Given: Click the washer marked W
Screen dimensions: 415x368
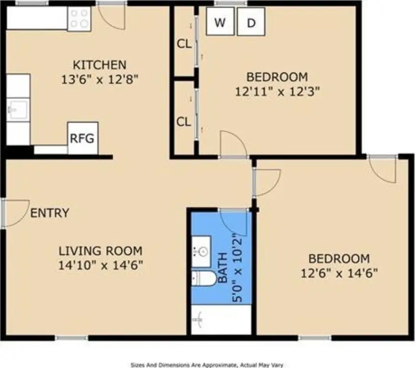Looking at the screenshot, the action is (x=220, y=22).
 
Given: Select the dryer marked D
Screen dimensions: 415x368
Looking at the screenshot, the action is (x=251, y=22).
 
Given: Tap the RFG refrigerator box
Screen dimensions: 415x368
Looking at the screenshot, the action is (x=83, y=138).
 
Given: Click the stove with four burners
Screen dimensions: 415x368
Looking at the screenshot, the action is (x=79, y=19).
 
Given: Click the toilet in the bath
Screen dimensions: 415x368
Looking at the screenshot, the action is (x=203, y=278).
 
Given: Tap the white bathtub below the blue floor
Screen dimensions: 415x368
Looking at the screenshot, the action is (x=221, y=320).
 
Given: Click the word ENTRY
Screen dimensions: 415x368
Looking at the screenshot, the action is (x=50, y=213).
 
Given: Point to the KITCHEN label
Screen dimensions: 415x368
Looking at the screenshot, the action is (x=100, y=65).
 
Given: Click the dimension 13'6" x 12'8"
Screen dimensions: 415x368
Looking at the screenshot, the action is (x=100, y=79).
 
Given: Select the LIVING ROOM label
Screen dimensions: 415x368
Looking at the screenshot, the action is (x=101, y=251).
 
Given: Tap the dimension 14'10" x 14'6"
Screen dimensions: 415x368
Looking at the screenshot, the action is (x=101, y=265).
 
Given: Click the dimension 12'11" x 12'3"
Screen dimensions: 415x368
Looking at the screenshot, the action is (x=277, y=92).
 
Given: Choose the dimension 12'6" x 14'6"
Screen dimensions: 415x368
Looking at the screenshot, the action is (x=339, y=273).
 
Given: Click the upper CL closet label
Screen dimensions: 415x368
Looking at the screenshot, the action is (x=184, y=44).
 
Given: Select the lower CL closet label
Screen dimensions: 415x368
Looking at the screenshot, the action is (x=184, y=122).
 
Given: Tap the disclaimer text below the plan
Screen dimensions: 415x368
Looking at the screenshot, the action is (x=207, y=365).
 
